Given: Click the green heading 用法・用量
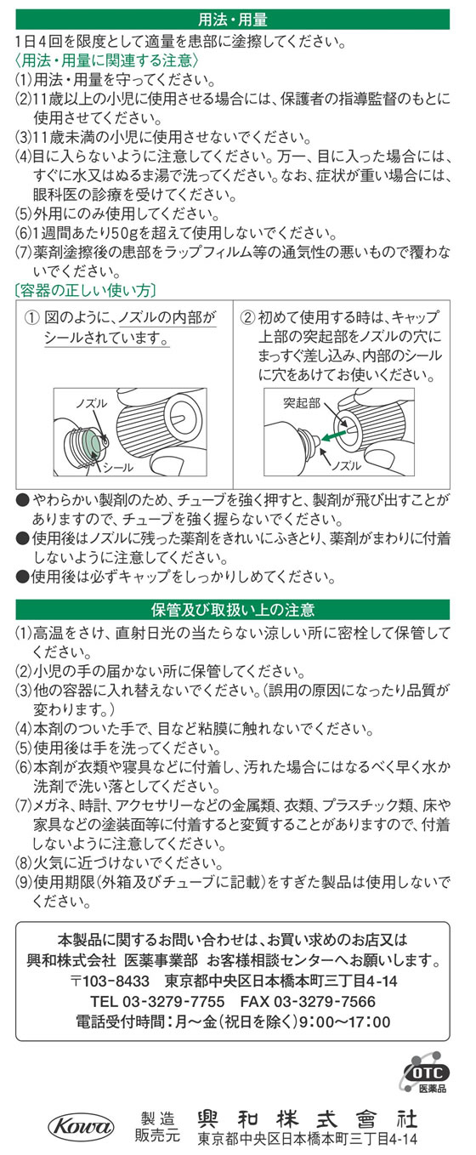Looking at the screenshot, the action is [x=232, y=20].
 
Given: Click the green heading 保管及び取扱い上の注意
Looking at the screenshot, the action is [x=232, y=610].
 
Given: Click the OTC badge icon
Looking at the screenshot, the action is [x=427, y=1073].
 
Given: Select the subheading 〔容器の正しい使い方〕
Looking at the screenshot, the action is [x=85, y=290].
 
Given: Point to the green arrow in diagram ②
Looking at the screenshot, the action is [x=336, y=433].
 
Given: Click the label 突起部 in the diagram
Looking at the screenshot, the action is [x=302, y=403].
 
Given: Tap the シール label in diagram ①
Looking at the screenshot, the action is [x=118, y=468].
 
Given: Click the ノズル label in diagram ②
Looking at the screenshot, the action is [x=346, y=465].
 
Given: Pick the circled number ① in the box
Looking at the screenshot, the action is [x=32, y=317].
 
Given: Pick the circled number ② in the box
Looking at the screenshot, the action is [x=248, y=317].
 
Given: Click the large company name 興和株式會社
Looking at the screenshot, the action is [x=308, y=1119].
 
